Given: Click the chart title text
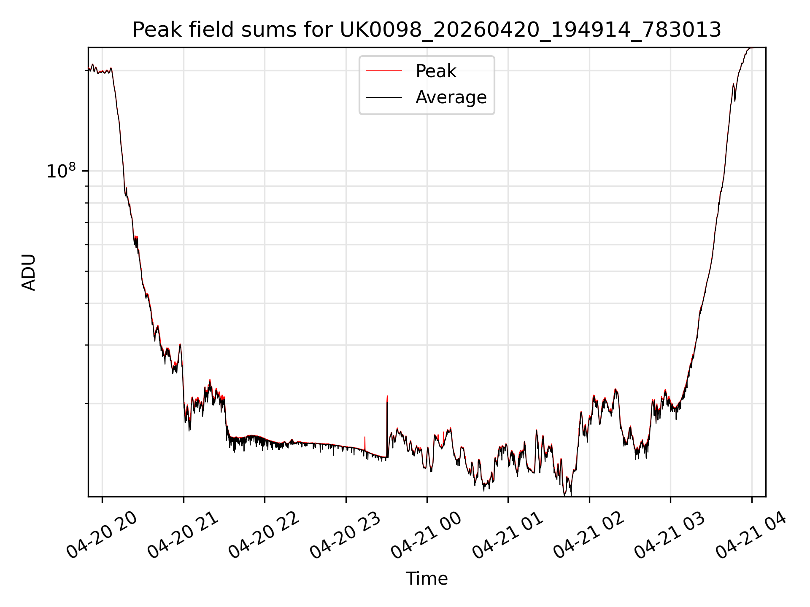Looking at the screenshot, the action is pyautogui.click(x=427, y=30).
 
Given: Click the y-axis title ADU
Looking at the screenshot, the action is pyautogui.click(x=29, y=272).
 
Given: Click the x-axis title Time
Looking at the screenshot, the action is pyautogui.click(x=427, y=579).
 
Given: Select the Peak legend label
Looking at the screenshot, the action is pyautogui.click(x=436, y=71).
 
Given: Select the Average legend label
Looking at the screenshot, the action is pyautogui.click(x=451, y=97).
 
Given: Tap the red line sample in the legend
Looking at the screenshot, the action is pyautogui.click(x=384, y=71).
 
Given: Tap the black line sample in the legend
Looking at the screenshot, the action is pyautogui.click(x=384, y=97).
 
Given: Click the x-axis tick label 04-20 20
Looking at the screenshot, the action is pyautogui.click(x=102, y=535).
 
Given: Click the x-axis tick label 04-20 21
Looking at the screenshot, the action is pyautogui.click(x=183, y=535).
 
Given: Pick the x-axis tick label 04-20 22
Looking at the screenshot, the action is pyautogui.click(x=265, y=535).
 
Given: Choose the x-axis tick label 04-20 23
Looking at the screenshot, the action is pyautogui.click(x=346, y=535).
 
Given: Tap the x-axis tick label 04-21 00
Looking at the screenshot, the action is pyautogui.click(x=427, y=535).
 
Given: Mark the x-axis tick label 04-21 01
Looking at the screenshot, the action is pyautogui.click(x=508, y=535).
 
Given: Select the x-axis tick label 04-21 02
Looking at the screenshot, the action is pyautogui.click(x=589, y=535).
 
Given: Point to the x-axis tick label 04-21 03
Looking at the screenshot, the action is pyautogui.click(x=670, y=535).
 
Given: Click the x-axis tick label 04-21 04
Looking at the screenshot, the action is pyautogui.click(x=752, y=535).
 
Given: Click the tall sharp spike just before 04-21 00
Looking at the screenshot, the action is pyautogui.click(x=387, y=426).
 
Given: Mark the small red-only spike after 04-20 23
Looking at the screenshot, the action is pyautogui.click(x=365, y=443).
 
